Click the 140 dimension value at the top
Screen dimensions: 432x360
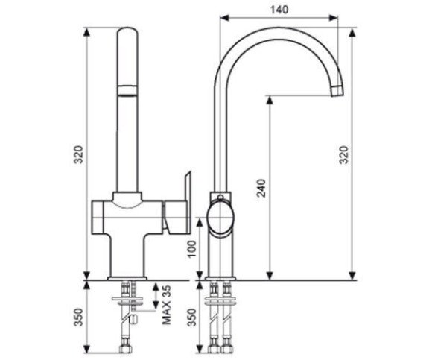[279, 10]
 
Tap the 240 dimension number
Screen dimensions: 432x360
[261, 188]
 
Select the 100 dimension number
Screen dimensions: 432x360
[193, 249]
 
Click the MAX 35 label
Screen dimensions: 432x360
[166, 305]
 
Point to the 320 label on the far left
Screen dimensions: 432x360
[79, 154]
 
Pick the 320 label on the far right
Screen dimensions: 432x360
[344, 154]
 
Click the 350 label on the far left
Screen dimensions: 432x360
[79, 317]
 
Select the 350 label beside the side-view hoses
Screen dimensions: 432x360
[193, 318]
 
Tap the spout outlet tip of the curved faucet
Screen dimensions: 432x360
[337, 92]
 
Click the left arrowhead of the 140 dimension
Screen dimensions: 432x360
[224, 18]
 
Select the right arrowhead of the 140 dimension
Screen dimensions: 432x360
[334, 18]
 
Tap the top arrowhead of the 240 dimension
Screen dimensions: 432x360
[270, 100]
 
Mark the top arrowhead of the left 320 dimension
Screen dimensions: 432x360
[87, 32]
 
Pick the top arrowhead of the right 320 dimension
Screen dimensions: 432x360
[352, 32]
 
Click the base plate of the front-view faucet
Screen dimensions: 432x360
[127, 278]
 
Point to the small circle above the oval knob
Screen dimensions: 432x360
[220, 197]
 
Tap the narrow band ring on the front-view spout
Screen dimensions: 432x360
[127, 91]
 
